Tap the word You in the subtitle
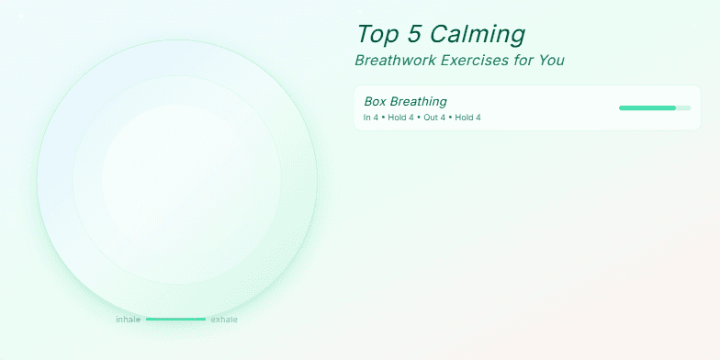click(551, 61)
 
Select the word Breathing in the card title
click(420, 101)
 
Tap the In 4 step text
click(370, 118)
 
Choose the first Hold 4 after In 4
click(400, 118)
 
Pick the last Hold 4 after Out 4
click(467, 118)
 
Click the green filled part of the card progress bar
click(647, 108)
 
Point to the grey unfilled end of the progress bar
click(683, 108)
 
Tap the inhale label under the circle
click(128, 320)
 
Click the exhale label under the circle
click(224, 320)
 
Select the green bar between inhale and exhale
click(175, 320)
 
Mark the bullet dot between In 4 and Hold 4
click(383, 118)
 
